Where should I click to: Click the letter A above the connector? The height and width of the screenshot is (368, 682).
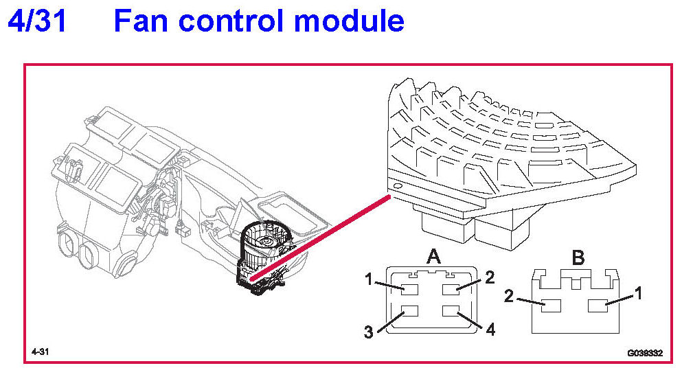(433, 257)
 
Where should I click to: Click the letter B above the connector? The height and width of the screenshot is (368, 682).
(578, 259)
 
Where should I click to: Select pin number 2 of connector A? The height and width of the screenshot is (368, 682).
(489, 277)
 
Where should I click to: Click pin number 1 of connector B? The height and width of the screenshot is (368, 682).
(638, 293)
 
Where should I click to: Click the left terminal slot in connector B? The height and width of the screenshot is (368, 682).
(551, 304)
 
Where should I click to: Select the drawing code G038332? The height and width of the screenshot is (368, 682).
(644, 353)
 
